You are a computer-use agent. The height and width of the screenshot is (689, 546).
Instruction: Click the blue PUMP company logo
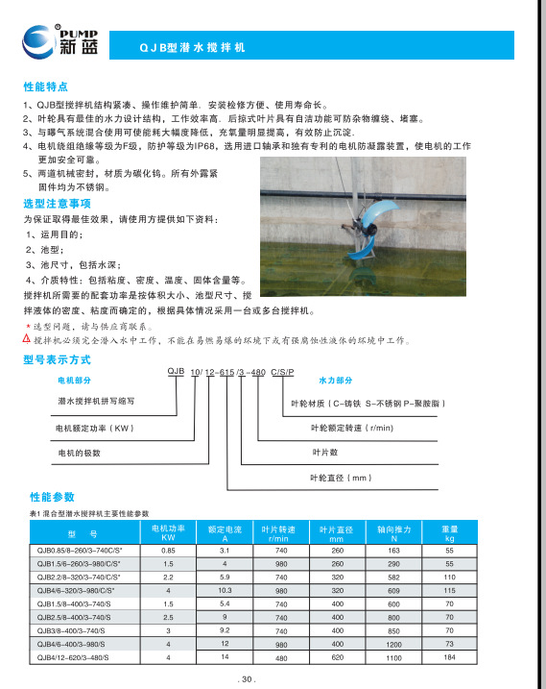point(52,37)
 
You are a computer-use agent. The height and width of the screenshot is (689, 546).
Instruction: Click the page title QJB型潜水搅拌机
point(192,46)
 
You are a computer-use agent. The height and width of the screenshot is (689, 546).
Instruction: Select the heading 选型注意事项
point(57,204)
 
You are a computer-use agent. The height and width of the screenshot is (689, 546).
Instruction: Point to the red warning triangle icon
point(27,339)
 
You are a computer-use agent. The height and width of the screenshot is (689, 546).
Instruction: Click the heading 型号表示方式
point(57,358)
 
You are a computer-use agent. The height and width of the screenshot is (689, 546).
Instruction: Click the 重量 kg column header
point(448,533)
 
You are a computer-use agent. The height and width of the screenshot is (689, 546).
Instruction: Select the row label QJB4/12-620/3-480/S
point(74,657)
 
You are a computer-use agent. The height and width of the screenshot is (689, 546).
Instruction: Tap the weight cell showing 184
point(448,657)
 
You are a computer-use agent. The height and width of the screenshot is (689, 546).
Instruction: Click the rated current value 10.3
point(226,589)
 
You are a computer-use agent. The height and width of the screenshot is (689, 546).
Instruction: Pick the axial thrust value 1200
point(393,644)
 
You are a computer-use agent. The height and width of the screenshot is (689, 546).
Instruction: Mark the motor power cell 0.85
point(167,549)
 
